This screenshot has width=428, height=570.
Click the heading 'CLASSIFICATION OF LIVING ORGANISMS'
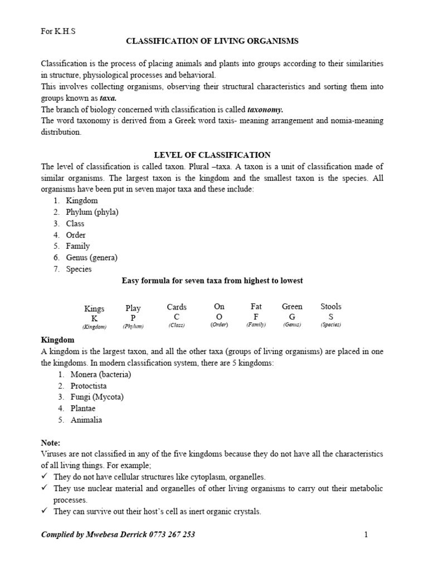tap(212, 41)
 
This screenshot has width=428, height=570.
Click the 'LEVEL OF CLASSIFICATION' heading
tap(212, 155)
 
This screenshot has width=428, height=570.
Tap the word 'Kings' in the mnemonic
tap(94, 308)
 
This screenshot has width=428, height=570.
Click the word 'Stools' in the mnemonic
tap(331, 306)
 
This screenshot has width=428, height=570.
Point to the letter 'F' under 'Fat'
tap(256, 316)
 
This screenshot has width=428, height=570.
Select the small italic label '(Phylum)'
tap(133, 327)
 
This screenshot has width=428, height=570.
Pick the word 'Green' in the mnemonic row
tap(292, 306)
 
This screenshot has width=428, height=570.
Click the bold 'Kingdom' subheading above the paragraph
tap(58, 340)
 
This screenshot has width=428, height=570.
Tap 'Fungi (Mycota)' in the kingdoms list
tap(96, 397)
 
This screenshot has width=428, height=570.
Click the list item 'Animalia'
tap(86, 420)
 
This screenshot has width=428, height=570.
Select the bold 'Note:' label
tap(51, 443)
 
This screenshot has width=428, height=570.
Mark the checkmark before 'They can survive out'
tap(45, 511)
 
